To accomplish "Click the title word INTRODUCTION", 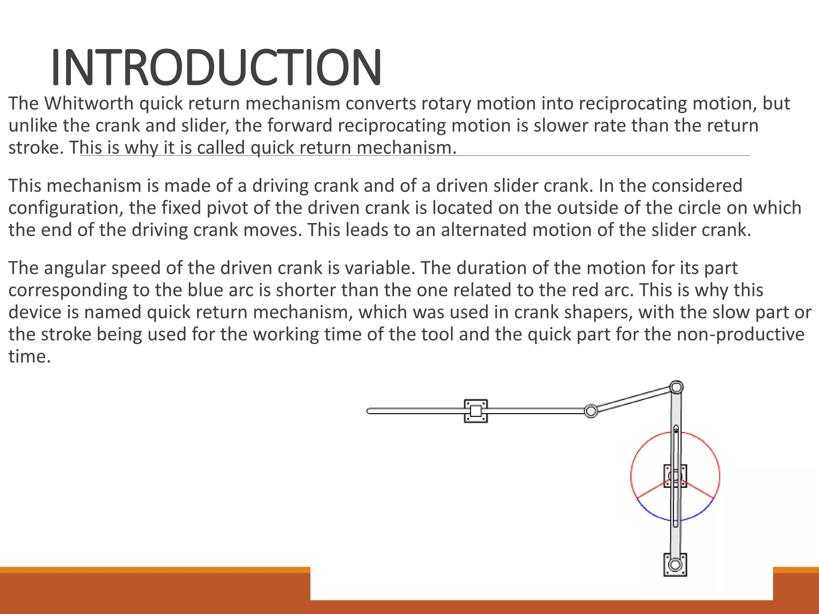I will point(216,67).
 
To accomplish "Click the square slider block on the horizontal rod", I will point(475,411).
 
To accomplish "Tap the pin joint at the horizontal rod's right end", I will point(591,411).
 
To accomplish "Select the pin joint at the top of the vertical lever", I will point(676,387).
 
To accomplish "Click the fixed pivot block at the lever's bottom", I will point(675,564).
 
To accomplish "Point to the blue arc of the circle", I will point(656,516).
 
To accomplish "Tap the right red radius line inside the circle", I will point(699,490).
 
